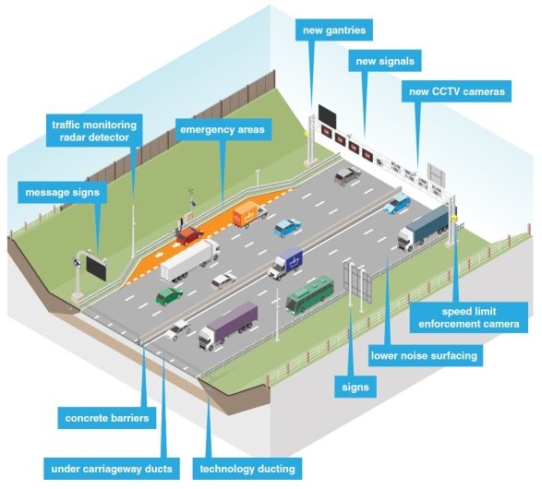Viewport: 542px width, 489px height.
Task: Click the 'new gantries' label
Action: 334,30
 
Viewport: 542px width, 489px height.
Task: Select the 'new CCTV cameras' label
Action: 457,91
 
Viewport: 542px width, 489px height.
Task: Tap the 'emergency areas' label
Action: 223,129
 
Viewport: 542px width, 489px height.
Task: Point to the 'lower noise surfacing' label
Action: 424,355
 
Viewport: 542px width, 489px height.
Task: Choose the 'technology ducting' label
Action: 247,469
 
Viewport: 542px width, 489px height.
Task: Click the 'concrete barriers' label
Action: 107,418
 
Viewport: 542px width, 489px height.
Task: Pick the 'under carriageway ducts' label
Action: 112,469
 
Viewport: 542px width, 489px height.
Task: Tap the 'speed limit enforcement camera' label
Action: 469,317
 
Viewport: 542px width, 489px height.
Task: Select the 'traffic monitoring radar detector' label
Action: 94,131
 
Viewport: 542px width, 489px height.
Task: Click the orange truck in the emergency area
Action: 249,214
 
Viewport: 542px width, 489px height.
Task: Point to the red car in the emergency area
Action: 190,235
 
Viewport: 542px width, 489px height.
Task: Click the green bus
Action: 309,294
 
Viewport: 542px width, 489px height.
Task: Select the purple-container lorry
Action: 228,326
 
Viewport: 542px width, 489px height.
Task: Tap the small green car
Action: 169,296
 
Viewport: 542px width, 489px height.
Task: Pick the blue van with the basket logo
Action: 285,263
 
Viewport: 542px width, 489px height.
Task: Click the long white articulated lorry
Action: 190,260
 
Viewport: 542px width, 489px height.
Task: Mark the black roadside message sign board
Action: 96,268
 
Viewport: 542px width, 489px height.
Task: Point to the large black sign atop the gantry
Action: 327,115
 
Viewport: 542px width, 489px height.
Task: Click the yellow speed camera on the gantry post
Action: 454,218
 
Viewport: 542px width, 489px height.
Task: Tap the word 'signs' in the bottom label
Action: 355,387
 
